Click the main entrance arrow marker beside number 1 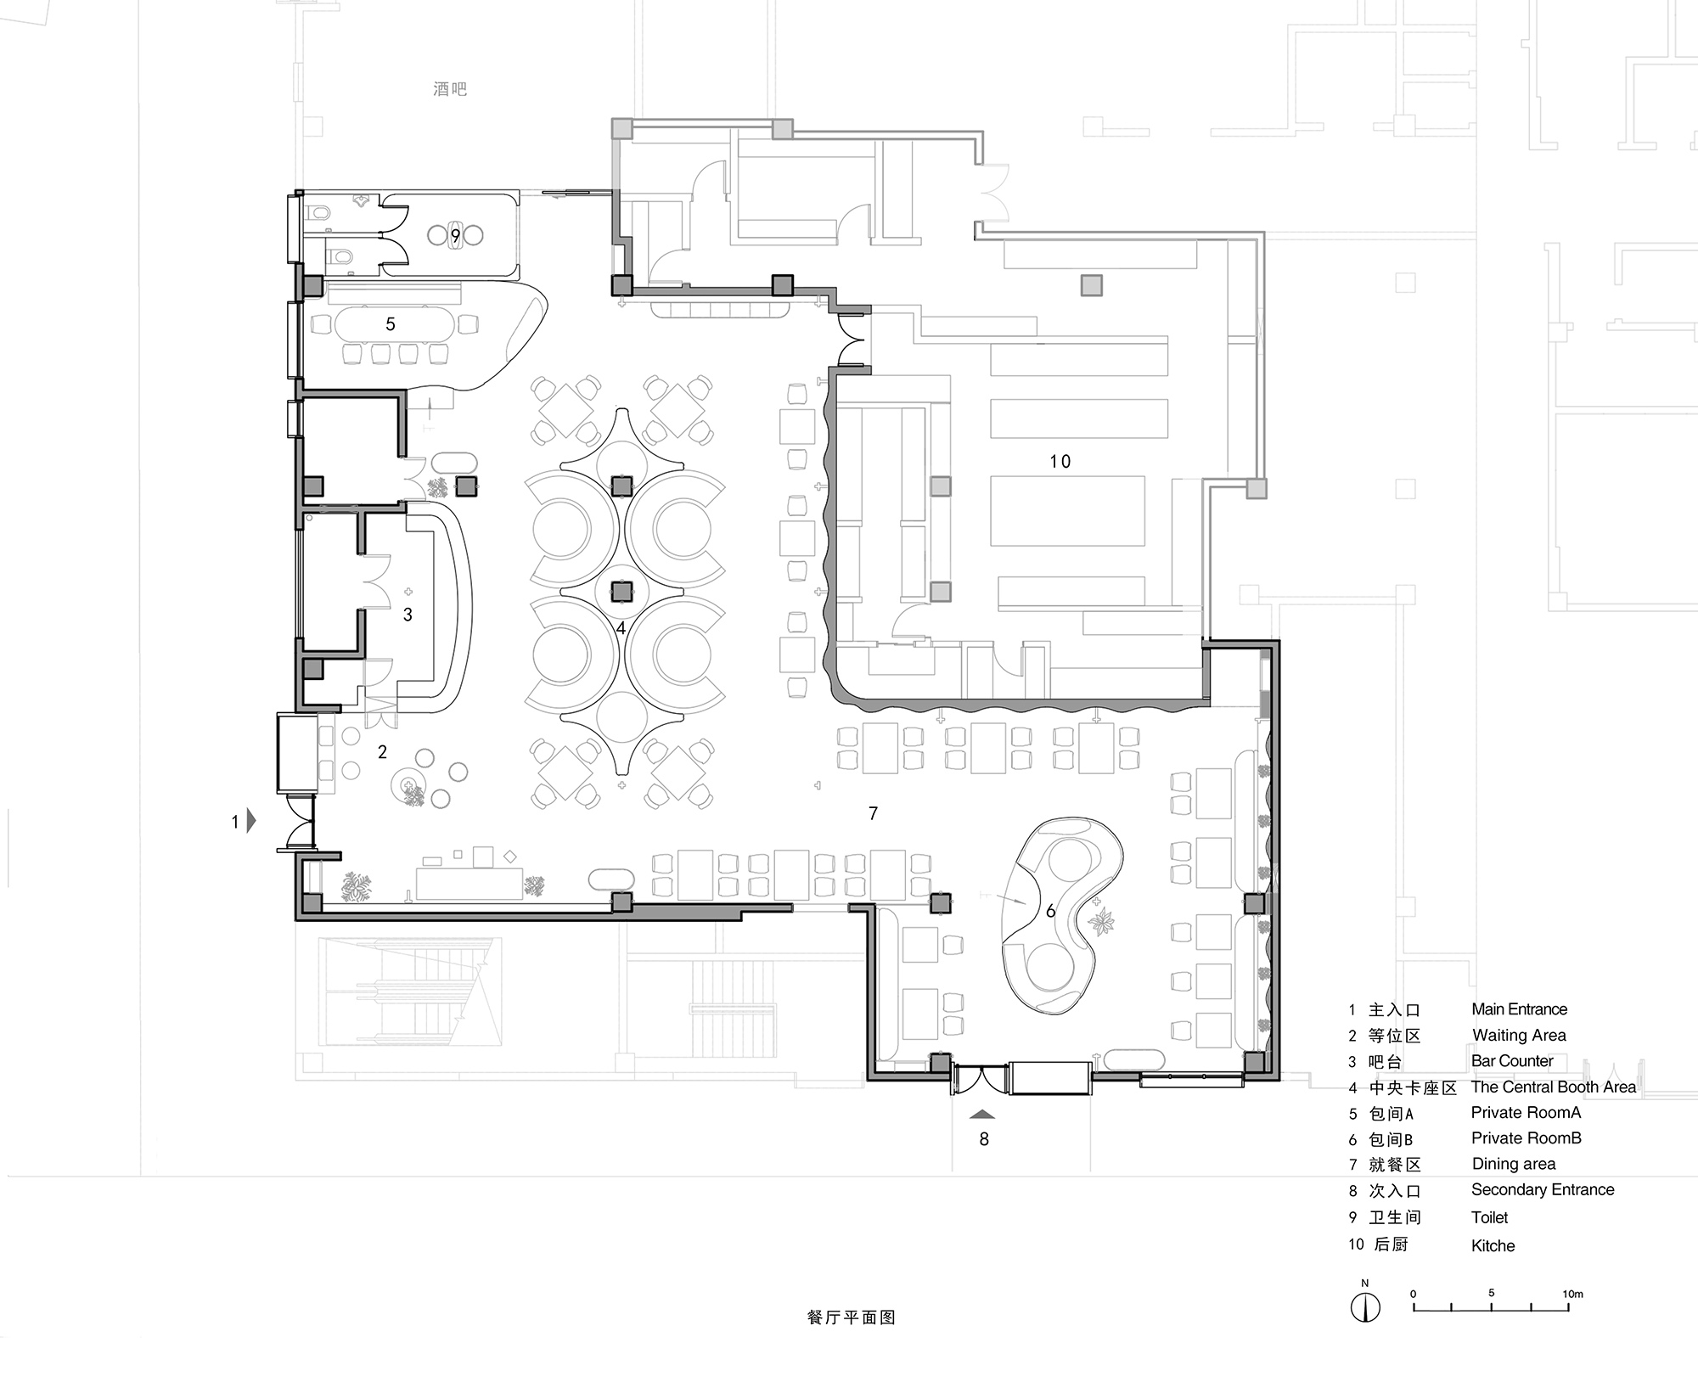[250, 821]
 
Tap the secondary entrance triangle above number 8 [982, 1113]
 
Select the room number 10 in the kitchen [1060, 461]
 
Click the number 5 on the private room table [391, 323]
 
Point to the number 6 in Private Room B [1050, 911]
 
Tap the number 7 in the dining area [873, 813]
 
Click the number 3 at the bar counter [408, 614]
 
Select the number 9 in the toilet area [456, 235]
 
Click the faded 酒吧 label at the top [450, 89]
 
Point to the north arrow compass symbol [1364, 1306]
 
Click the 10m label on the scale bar [1572, 1294]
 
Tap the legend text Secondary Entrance [1542, 1189]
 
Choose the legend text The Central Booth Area [1553, 1087]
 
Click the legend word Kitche [1493, 1245]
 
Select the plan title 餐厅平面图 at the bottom [851, 1317]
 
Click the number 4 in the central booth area [621, 628]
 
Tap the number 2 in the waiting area [382, 751]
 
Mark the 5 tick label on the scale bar [1491, 1293]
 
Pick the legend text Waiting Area [1519, 1035]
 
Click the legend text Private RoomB [1526, 1138]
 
